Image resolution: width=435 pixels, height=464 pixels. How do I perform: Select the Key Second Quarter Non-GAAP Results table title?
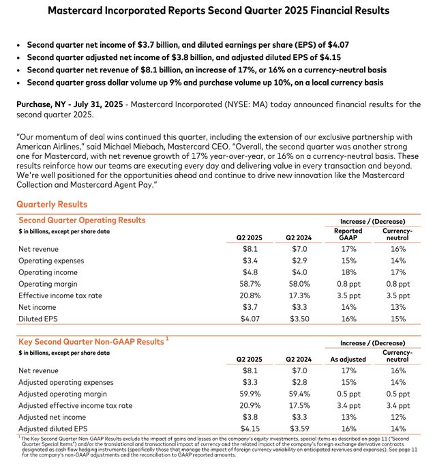tap(91, 340)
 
